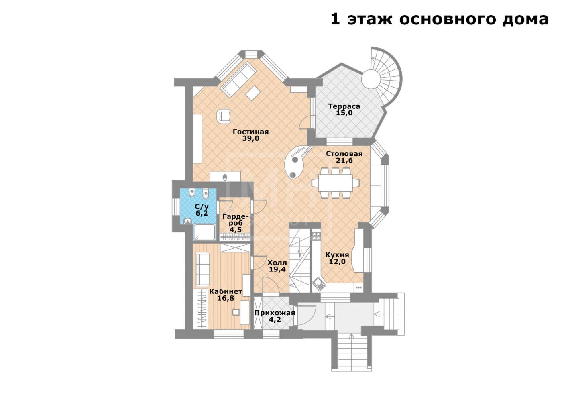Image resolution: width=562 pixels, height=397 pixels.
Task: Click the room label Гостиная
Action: pos(250,132)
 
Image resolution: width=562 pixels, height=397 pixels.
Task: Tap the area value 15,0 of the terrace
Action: pos(344,113)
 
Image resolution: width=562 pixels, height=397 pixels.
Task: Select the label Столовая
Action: pos(344,154)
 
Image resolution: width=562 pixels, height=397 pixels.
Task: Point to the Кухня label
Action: pos(337,255)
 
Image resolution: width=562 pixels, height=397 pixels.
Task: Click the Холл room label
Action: pos(277,263)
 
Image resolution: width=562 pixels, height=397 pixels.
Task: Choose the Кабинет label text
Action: pos(226,291)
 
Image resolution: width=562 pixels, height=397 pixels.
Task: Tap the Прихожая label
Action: pos(275,313)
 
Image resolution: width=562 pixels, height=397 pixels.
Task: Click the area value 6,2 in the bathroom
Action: pos(202,213)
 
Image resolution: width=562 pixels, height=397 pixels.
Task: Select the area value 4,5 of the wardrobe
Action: pos(236,229)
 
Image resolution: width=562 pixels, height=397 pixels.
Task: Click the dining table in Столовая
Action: pos(336,183)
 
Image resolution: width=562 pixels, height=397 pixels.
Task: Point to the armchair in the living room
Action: pos(224,116)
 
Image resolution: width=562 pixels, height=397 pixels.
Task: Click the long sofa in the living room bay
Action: pos(239,80)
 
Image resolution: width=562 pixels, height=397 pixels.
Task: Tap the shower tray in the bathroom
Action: pos(204,232)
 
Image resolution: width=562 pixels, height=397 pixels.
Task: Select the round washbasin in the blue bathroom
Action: pos(187,221)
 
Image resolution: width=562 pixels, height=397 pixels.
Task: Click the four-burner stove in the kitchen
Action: pos(316,236)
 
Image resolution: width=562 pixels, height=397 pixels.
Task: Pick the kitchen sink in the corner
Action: pos(320,284)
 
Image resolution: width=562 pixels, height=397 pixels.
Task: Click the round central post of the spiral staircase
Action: pos(371,79)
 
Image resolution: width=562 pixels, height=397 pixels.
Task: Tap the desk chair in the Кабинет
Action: pos(236,312)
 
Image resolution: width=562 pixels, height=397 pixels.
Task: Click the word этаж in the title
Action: pos(370,19)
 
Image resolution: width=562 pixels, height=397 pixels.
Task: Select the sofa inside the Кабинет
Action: pos(202,269)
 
